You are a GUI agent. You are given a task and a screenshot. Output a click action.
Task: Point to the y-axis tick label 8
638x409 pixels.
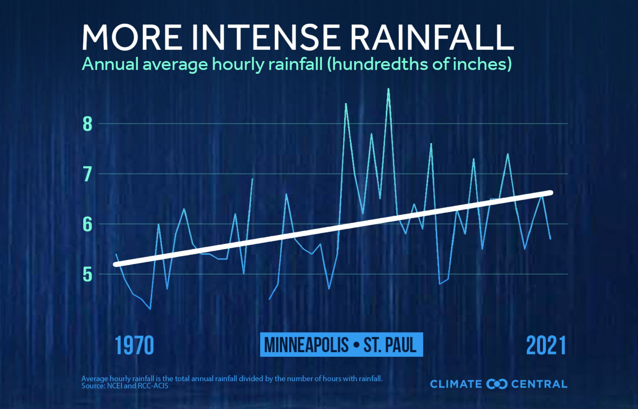[x=87, y=124]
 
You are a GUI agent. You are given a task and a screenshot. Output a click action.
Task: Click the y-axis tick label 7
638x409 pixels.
[x=87, y=174]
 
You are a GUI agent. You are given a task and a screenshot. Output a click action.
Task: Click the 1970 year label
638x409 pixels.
[x=134, y=345]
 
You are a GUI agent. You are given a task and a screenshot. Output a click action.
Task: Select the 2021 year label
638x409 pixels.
[x=546, y=345]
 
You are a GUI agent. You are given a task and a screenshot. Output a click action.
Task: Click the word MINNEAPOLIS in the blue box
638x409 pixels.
[x=306, y=345]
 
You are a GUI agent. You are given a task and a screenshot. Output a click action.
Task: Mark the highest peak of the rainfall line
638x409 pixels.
[x=388, y=89]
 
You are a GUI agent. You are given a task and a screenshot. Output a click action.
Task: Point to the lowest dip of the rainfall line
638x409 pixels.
[x=150, y=309]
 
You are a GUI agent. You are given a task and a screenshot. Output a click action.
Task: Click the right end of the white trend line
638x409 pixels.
[x=551, y=193]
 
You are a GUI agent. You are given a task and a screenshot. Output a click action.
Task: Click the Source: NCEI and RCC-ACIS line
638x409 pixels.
[x=125, y=386]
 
